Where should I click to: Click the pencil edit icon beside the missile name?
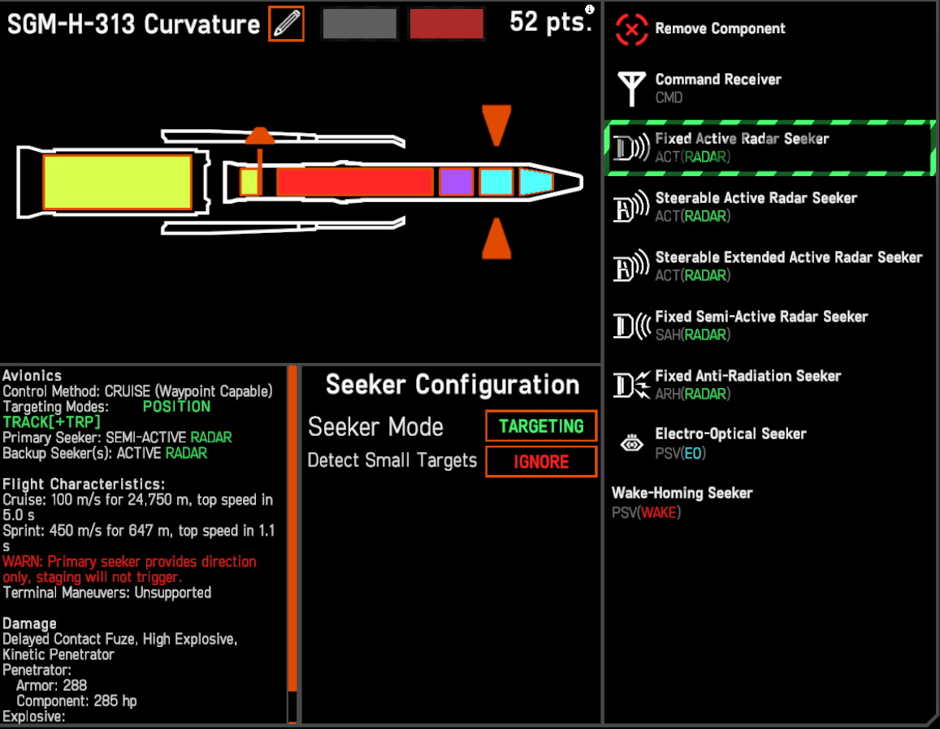point(287,24)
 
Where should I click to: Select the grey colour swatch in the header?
point(359,24)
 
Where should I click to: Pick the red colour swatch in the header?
point(447,24)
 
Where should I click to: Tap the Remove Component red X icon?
point(631,28)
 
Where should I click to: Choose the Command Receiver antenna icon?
point(632,88)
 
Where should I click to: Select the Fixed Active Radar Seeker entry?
point(769,148)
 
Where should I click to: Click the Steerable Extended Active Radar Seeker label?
point(788,257)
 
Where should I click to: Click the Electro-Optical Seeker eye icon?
point(632,444)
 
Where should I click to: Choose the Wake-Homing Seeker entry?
point(682,503)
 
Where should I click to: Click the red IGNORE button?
point(541,462)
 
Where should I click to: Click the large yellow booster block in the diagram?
point(118,182)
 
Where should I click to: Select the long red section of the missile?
point(355,182)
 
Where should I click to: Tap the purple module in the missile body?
point(457,182)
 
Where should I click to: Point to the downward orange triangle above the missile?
point(496,124)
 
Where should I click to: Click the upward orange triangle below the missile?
point(496,239)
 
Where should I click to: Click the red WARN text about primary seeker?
point(129,570)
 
